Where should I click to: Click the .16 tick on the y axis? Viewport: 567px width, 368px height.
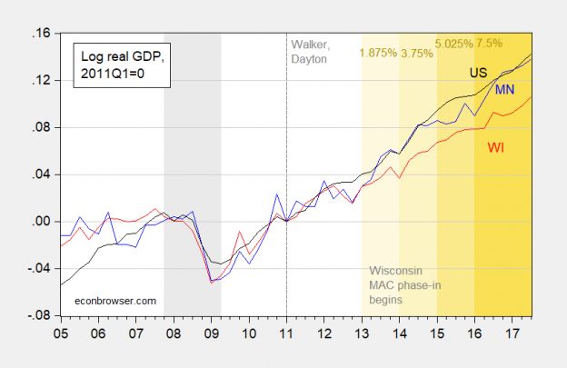point(40,34)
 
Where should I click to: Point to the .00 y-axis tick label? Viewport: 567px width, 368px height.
point(40,222)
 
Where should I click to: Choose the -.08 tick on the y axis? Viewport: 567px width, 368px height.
point(38,316)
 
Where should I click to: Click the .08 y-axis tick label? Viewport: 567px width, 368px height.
point(40,128)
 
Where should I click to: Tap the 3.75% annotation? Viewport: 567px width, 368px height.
point(417,53)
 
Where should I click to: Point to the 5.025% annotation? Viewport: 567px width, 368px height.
point(456,43)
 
